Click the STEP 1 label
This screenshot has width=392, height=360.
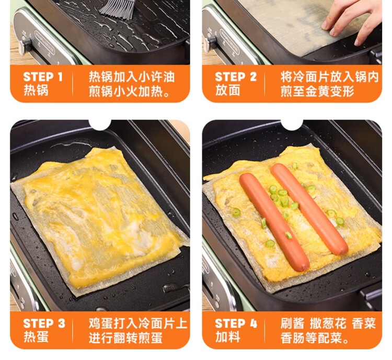[x=43, y=77]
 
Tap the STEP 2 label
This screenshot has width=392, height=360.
[x=236, y=77]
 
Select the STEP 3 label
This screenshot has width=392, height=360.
[x=44, y=323]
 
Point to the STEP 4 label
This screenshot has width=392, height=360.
[x=236, y=323]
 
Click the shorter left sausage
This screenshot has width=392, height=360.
[x=274, y=221]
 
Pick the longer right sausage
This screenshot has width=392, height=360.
[x=309, y=209]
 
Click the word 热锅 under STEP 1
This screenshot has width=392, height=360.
[x=36, y=90]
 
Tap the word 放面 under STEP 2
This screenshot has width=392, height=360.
[x=228, y=90]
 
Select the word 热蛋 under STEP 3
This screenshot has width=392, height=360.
[x=36, y=337]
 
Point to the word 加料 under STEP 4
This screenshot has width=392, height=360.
[x=228, y=337]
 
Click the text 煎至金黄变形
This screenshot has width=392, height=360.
[x=317, y=91]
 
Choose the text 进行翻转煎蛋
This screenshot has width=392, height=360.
[x=125, y=337]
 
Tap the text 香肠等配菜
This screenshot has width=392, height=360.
[x=315, y=337]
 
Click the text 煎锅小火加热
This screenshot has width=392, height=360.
[x=129, y=91]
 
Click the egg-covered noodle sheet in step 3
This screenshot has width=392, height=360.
[x=100, y=220]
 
